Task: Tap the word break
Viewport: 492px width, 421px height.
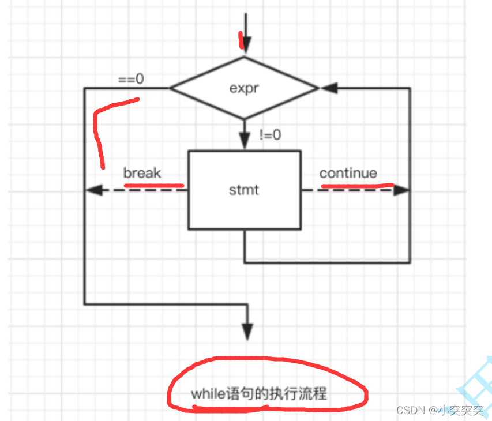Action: [142, 173]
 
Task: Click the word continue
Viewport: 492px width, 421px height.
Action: [348, 173]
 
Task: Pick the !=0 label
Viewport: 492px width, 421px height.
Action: [270, 136]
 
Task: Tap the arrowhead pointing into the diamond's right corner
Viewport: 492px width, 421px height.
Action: [328, 88]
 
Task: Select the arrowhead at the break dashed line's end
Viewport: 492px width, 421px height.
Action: [92, 189]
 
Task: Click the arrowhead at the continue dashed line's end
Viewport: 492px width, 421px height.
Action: [402, 189]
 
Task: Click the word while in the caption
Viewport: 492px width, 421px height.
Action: [203, 394]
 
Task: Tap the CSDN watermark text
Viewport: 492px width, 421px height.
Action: [410, 410]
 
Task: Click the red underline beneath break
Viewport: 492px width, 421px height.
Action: [153, 185]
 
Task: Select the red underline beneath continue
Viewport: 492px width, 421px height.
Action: [356, 186]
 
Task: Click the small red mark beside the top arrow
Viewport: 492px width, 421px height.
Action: [240, 39]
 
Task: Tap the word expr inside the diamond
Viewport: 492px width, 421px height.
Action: [243, 89]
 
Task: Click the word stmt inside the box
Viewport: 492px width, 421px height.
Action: [244, 189]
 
